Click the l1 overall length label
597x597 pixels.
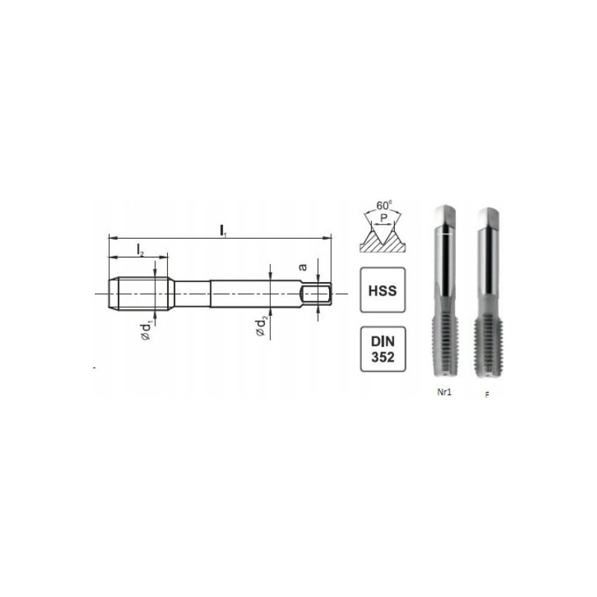pyautogui.click(x=222, y=231)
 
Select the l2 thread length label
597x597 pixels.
pyautogui.click(x=140, y=251)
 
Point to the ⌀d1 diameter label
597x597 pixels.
pyautogui.click(x=146, y=331)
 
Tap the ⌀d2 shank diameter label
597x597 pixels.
pyautogui.click(x=260, y=327)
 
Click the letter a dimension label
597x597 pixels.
pyautogui.click(x=303, y=267)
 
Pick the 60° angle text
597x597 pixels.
pyautogui.click(x=384, y=205)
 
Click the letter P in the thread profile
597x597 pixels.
pyautogui.click(x=384, y=218)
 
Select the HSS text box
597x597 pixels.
pyautogui.click(x=383, y=290)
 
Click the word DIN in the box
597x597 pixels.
pyautogui.click(x=383, y=341)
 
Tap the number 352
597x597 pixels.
pyautogui.click(x=383, y=357)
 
